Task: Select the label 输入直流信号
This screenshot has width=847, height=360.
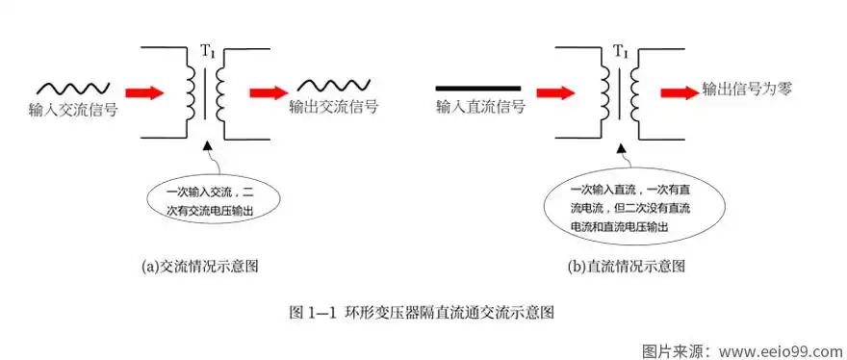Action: pos(480,107)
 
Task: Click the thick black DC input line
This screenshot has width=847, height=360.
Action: pos(478,88)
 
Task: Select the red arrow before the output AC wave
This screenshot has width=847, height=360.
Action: pos(269,93)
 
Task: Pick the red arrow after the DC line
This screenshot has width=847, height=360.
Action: pos(555,93)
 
